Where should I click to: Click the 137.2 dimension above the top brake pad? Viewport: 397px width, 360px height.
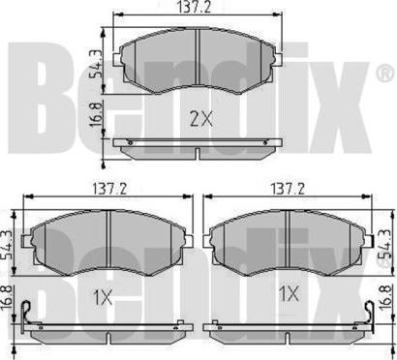click(x=194, y=7)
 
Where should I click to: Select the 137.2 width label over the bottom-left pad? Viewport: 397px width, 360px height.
click(x=109, y=189)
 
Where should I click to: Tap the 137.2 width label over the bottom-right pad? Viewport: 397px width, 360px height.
click(x=289, y=189)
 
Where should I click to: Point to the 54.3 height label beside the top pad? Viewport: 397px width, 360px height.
click(x=96, y=64)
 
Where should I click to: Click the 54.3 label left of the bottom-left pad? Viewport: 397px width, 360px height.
click(x=7, y=245)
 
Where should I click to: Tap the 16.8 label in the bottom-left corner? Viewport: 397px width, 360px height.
click(x=7, y=298)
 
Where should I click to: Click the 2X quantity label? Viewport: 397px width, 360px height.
click(x=201, y=120)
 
